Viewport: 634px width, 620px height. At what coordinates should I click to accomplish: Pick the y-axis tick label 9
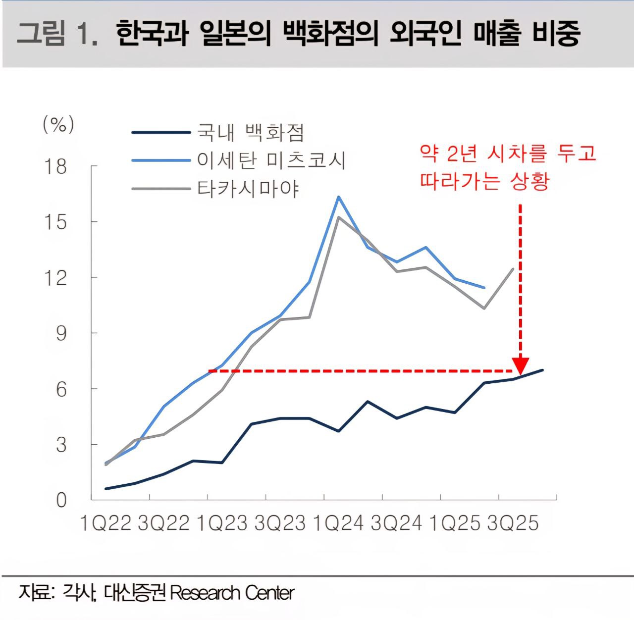pos(61,334)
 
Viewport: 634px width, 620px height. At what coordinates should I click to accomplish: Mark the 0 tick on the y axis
pos(61,500)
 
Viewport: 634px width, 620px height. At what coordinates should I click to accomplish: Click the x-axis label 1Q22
pos(106,523)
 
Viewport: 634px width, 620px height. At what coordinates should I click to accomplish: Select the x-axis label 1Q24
pos(338,523)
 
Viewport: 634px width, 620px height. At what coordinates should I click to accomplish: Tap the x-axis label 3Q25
pos(513,523)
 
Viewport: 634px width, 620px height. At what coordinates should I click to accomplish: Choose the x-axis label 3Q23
pos(280,523)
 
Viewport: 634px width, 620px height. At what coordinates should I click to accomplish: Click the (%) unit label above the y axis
pos(58,124)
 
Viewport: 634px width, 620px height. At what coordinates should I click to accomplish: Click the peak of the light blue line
pos(339,197)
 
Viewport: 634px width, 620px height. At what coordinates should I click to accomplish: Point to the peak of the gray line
pos(339,217)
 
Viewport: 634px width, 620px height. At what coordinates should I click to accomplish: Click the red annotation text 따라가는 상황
pos(484,181)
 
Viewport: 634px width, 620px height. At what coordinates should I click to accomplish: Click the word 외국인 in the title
pos(425,34)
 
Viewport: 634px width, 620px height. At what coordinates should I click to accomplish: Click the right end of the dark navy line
pos(543,370)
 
